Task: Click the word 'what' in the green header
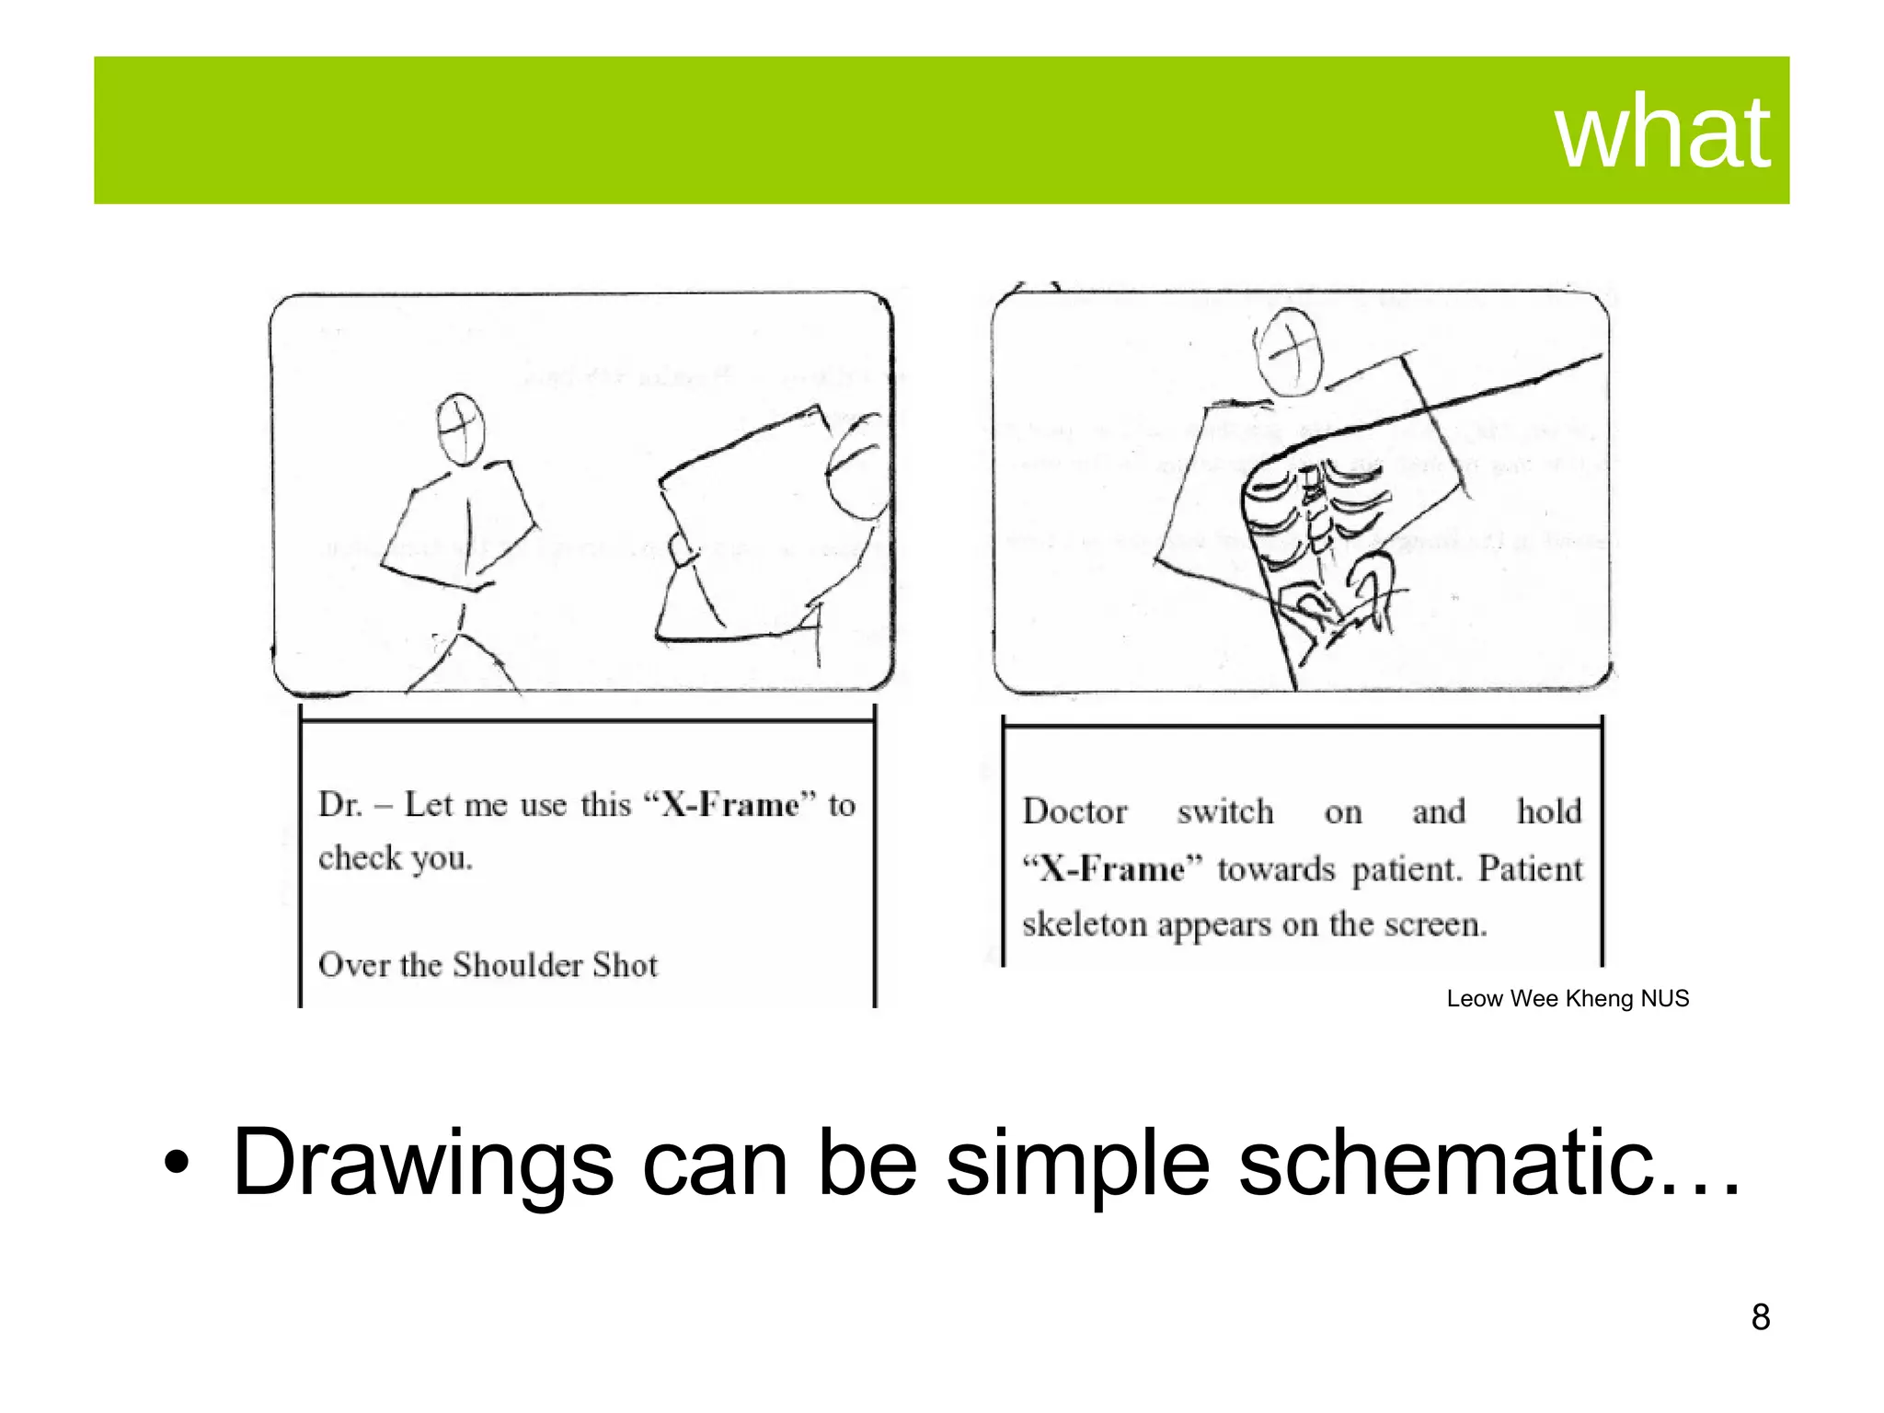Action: point(1661,133)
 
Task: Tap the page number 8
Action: point(1760,1317)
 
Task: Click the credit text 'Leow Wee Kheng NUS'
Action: point(1567,999)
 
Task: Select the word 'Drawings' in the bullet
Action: point(422,1165)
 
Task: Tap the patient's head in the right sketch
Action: point(1291,351)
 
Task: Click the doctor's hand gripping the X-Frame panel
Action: point(683,551)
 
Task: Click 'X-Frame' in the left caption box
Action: point(729,806)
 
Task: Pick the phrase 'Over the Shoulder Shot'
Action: point(488,965)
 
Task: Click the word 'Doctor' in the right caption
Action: point(1074,812)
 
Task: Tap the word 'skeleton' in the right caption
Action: point(1085,925)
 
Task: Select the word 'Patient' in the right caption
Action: point(1530,868)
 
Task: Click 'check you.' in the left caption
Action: point(396,858)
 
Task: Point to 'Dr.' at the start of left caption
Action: point(339,806)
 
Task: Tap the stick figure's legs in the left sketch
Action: point(460,658)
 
